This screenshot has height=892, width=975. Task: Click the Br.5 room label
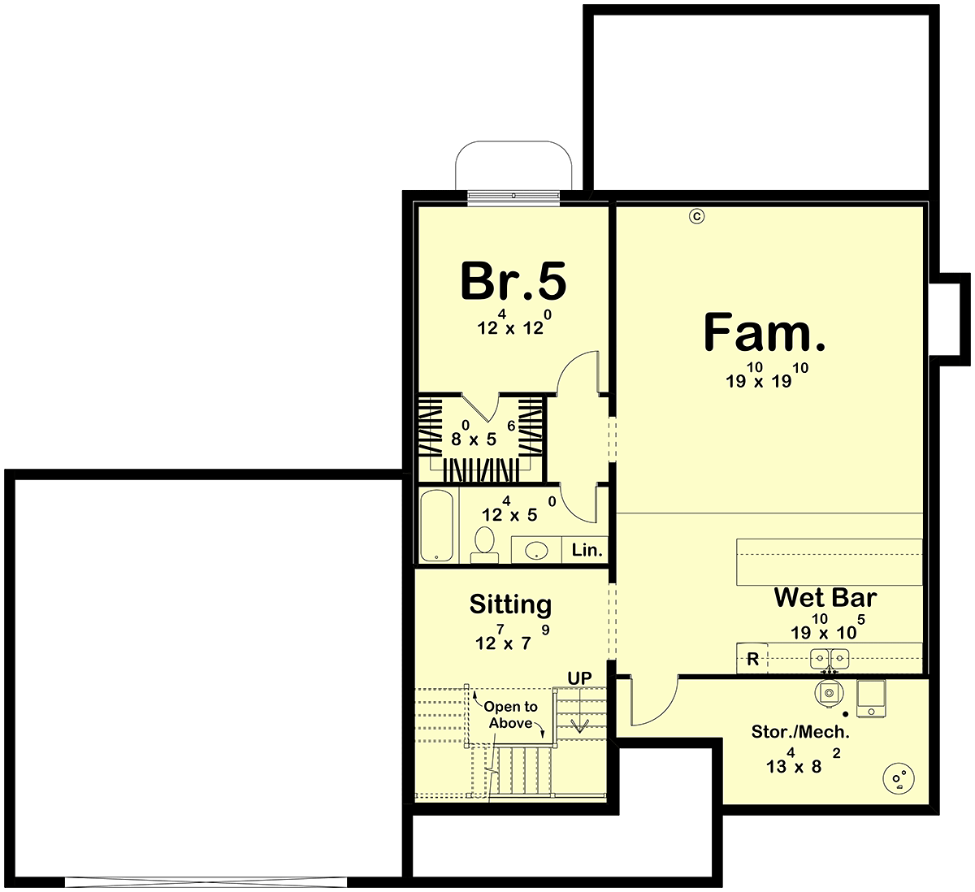click(x=513, y=280)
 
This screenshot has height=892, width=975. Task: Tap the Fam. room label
click(x=764, y=332)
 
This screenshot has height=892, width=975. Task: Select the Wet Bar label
click(x=825, y=597)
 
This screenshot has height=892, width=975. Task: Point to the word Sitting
click(x=510, y=604)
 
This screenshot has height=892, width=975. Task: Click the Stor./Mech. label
click(x=800, y=732)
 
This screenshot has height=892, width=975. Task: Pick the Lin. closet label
click(x=587, y=550)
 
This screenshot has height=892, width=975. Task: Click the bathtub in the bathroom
click(x=437, y=525)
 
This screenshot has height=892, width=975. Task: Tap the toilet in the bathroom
click(x=484, y=544)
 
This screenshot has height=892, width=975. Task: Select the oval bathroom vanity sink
click(x=536, y=551)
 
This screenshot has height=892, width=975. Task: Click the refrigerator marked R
click(x=752, y=659)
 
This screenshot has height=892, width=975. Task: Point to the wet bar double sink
click(x=830, y=659)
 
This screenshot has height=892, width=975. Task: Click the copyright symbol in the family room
click(x=697, y=216)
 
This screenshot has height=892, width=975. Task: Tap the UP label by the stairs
click(x=580, y=678)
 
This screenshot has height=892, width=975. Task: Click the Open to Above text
click(x=510, y=715)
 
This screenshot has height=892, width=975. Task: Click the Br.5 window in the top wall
click(x=513, y=196)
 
